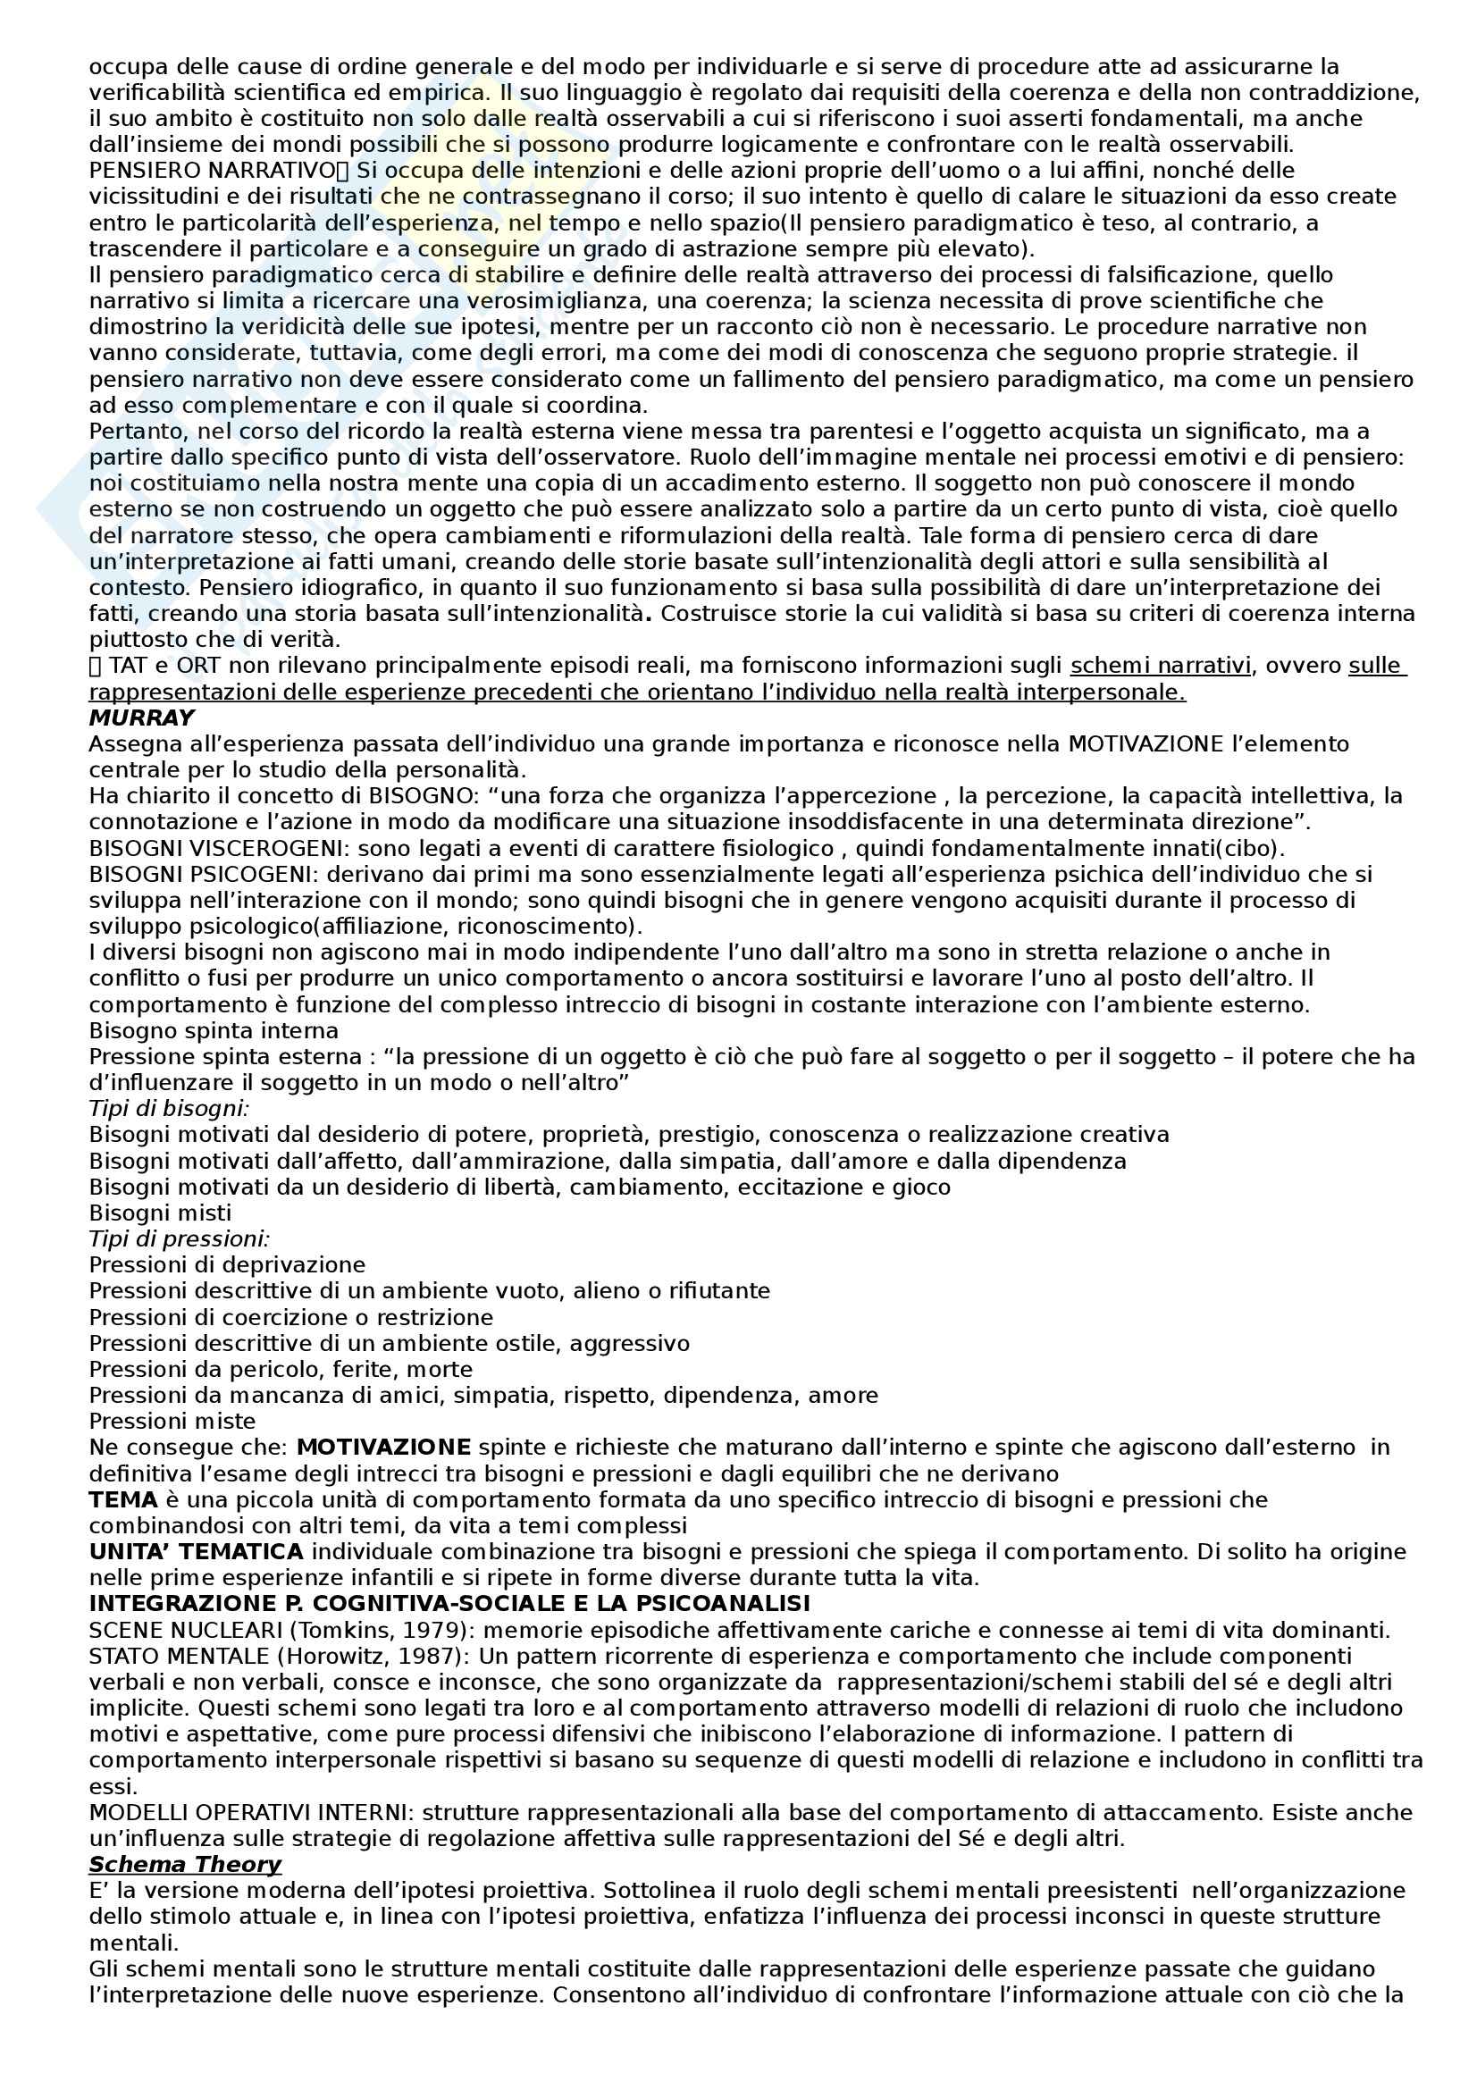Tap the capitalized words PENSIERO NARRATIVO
(212, 171)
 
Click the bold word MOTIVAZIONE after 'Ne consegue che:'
(384, 1448)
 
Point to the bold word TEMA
(122, 1499)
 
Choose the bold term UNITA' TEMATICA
(196, 1552)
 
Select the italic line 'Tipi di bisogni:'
(169, 1109)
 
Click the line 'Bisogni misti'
(160, 1213)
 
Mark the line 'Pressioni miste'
(172, 1421)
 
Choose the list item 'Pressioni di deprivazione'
(228, 1265)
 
